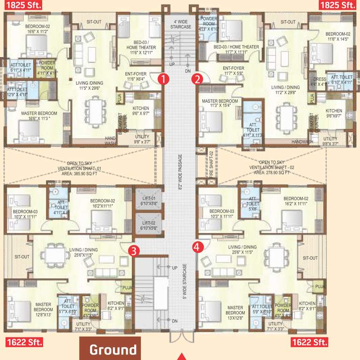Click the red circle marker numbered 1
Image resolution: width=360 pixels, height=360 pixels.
(162, 78)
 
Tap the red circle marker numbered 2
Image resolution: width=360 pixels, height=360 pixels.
(198, 78)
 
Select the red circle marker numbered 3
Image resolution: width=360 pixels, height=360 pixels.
(134, 250)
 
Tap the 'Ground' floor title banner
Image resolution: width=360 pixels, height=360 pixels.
(113, 350)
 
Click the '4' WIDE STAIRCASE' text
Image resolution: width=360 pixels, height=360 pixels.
(180, 24)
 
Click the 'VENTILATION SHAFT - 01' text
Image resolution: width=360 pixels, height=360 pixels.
(80, 168)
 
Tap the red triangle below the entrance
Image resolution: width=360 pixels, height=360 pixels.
(180, 356)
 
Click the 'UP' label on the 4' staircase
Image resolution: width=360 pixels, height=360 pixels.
(171, 64)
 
